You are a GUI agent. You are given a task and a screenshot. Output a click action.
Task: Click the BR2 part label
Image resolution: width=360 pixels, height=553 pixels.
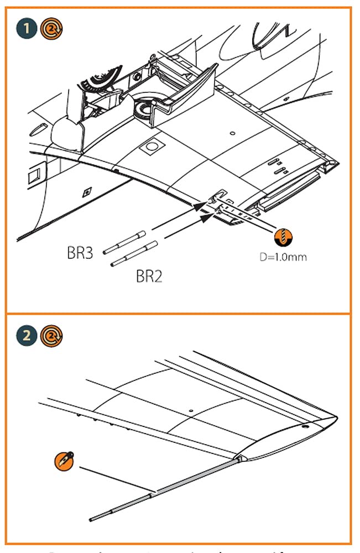[x=149, y=276]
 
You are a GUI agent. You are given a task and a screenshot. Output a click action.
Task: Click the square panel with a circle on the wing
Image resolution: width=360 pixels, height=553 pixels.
[x=150, y=147]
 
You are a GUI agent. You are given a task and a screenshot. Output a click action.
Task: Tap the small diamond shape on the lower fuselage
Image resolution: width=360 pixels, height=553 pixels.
[x=86, y=192]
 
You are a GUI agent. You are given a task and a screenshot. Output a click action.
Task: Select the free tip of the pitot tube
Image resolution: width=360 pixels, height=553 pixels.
[x=91, y=519]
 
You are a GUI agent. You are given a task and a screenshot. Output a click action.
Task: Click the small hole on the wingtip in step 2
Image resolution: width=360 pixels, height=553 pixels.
[x=304, y=426]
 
